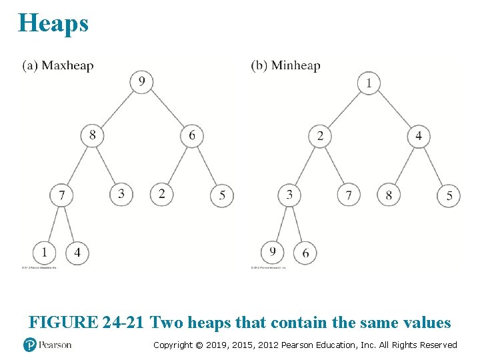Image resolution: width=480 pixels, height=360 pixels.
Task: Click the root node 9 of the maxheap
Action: coord(141,82)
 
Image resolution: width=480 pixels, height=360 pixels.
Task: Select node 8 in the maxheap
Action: coord(92,135)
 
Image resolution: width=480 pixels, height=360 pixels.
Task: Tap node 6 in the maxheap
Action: coord(192,135)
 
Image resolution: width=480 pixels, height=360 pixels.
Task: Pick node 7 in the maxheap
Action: coord(61,195)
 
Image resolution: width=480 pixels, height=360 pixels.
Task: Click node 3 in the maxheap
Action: coord(121,195)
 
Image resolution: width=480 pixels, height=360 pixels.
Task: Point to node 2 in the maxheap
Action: coord(161,195)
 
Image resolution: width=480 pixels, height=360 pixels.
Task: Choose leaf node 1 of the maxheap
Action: coord(44,253)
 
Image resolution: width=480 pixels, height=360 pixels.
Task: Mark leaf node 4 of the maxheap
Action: coord(77,253)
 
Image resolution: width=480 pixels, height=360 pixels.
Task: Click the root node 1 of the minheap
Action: coord(369,83)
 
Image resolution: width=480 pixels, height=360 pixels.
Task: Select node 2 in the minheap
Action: coord(320,136)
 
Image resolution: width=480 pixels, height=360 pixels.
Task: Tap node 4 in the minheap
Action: coord(419,136)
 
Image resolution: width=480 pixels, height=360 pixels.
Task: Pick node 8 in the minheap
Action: coord(389,195)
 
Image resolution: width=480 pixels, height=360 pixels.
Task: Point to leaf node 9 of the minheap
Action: coord(273,253)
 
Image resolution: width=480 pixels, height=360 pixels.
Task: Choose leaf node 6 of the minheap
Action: coord(305,253)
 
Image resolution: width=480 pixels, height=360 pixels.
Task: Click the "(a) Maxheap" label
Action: coord(58,65)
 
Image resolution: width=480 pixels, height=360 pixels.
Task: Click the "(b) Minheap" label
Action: coord(285,65)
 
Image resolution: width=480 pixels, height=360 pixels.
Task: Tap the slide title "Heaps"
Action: coord(53,23)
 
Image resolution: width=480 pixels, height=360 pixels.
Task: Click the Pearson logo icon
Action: coord(29,345)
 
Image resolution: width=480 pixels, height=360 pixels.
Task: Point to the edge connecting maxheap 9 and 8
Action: coord(117,109)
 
